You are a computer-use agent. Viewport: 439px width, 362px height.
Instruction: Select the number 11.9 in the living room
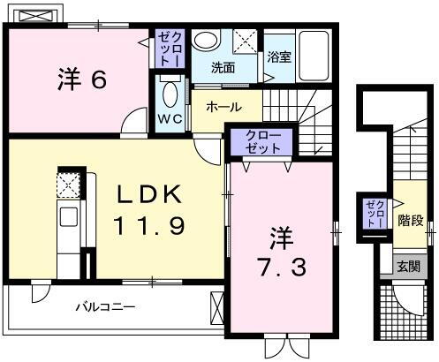coord(148,226)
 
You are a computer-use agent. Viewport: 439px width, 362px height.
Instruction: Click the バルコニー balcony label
coord(104,307)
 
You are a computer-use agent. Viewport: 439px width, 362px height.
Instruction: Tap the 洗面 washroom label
coord(223,67)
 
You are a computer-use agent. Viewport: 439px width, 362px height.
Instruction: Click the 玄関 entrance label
coord(407,264)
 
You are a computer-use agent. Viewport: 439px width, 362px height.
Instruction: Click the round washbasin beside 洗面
coord(205,41)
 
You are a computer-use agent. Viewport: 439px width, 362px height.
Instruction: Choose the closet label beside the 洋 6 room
coord(168,49)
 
